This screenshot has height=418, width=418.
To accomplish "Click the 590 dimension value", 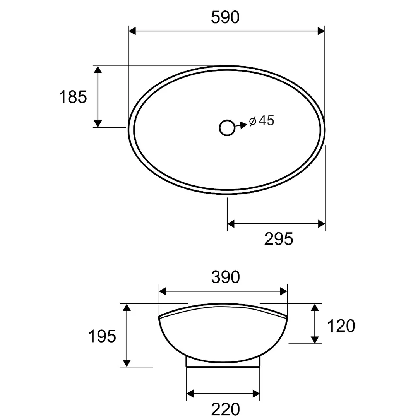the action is (x=225, y=17).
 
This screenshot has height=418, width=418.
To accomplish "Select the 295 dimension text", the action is (x=279, y=238).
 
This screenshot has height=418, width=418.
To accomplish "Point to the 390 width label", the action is (x=226, y=277).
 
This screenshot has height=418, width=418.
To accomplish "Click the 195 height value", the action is (x=102, y=336).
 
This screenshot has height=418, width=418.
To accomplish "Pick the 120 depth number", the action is (x=341, y=326).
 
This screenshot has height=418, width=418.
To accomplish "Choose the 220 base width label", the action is (x=226, y=409).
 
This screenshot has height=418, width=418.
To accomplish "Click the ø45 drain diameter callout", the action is (x=262, y=120).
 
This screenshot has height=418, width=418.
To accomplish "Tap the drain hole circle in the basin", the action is (x=227, y=128).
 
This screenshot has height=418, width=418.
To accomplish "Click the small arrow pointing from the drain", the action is (x=241, y=125).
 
